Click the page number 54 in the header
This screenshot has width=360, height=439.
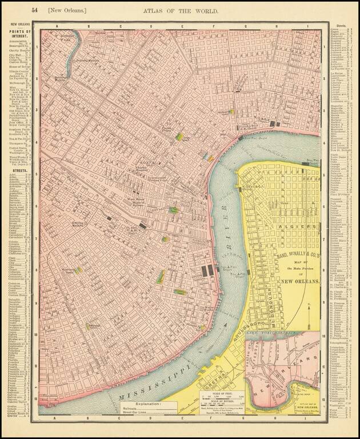[35, 10]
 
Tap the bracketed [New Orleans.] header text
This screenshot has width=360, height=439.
[67, 10]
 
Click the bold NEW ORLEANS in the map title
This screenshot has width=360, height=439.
[300, 281]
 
